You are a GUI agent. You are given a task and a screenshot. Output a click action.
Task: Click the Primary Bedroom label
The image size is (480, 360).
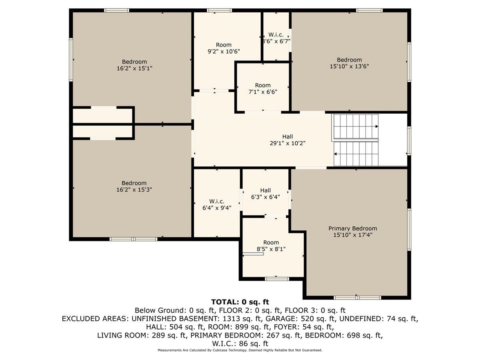[352, 228]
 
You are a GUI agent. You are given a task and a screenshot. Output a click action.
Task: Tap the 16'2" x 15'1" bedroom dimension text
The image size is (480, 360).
[134, 68]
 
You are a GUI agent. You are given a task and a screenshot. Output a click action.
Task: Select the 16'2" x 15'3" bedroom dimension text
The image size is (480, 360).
[134, 190]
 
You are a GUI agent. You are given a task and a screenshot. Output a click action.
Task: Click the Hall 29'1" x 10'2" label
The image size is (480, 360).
[287, 140]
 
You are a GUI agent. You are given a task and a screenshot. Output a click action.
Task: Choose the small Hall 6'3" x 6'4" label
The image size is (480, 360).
[265, 193]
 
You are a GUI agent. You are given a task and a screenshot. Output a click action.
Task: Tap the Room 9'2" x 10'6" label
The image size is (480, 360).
[224, 48]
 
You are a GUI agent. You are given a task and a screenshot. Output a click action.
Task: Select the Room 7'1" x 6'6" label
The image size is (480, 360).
[263, 88]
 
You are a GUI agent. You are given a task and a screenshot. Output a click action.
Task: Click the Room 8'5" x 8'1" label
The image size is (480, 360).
[271, 245]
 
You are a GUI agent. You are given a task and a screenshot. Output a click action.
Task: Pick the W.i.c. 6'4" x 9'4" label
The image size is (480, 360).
[216, 204]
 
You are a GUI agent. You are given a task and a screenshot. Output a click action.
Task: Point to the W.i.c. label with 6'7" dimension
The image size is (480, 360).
[276, 38]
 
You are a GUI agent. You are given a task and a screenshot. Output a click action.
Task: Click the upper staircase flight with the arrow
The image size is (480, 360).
[356, 126]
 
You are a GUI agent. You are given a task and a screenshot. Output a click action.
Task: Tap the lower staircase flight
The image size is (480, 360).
[356, 154]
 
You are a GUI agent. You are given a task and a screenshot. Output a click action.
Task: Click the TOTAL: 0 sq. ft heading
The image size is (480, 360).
[240, 302]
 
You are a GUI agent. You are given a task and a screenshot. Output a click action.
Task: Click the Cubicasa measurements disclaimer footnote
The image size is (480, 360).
[240, 350]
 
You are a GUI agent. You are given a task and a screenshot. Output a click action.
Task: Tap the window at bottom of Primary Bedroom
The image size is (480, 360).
[357, 298]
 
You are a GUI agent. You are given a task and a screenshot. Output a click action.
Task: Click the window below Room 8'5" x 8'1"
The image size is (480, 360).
[277, 278]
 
